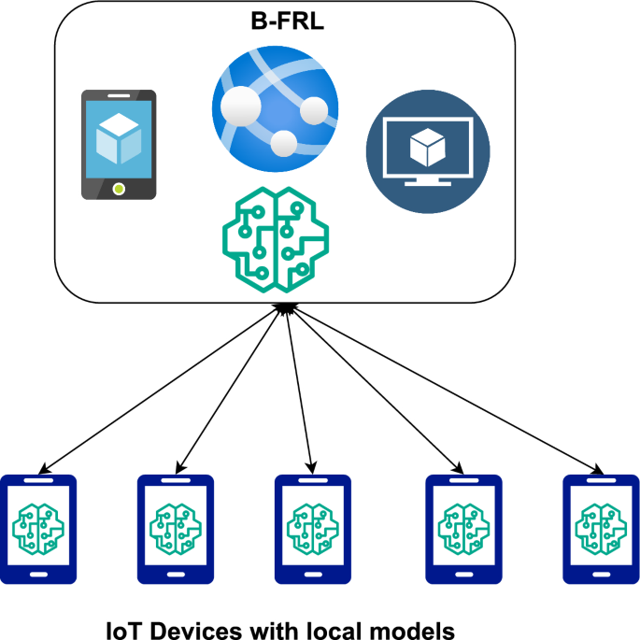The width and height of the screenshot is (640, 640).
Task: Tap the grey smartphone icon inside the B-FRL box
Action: (x=118, y=145)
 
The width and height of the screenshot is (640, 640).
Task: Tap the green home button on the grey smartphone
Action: (x=118, y=189)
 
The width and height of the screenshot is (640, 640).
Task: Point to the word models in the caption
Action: (x=414, y=629)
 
